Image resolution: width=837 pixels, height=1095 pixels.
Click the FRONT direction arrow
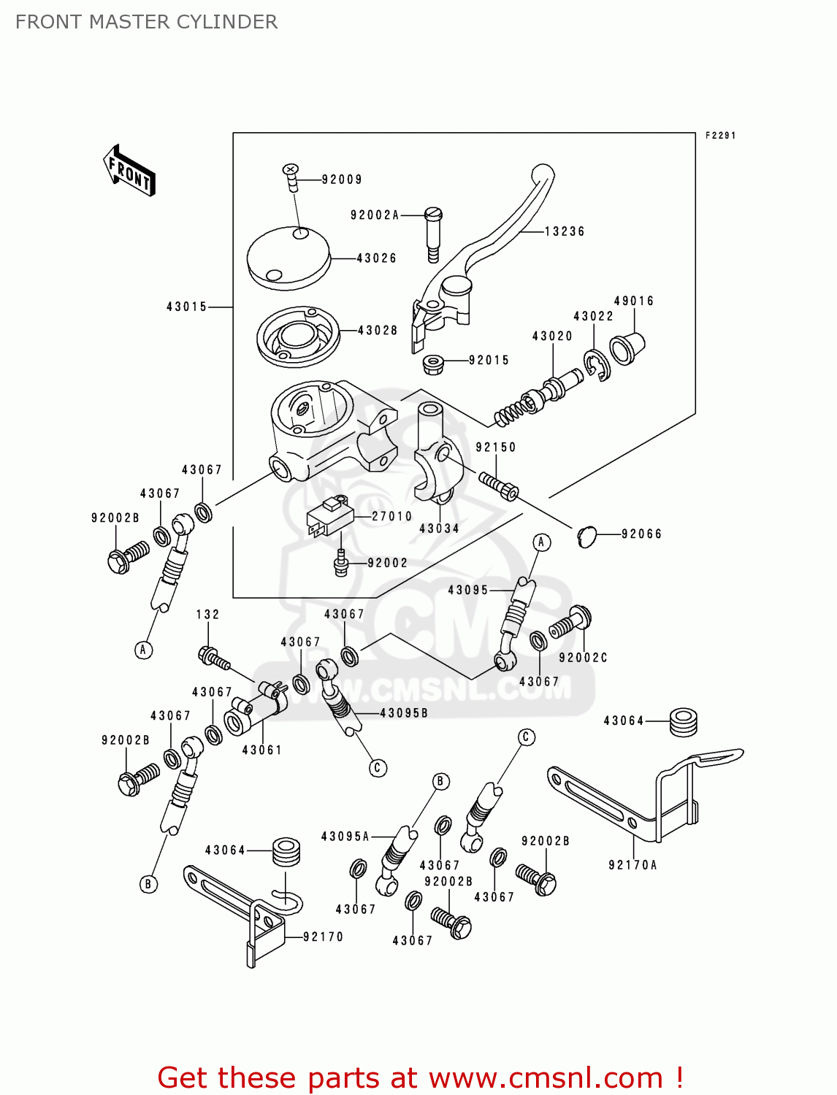[130, 171]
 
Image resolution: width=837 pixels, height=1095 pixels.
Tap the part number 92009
[342, 180]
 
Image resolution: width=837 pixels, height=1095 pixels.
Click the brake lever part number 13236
[565, 231]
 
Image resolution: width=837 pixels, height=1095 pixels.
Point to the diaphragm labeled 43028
[298, 337]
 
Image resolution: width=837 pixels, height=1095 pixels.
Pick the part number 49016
[633, 301]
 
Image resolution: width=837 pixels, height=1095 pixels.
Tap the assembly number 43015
[186, 307]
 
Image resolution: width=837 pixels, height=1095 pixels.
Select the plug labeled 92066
[587, 537]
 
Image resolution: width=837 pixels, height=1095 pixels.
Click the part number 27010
[392, 516]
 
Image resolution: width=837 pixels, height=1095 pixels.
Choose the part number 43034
[439, 529]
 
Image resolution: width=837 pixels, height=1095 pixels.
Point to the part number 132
[207, 615]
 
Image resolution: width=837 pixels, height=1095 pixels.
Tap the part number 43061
[262, 750]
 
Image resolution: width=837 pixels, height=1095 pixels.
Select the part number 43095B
[404, 712]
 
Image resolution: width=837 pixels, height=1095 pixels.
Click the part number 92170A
[632, 865]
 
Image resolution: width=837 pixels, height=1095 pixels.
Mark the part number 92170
[323, 937]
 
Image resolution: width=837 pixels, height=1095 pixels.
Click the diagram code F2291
[720, 136]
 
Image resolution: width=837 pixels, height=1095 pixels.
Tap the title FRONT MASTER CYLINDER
[146, 22]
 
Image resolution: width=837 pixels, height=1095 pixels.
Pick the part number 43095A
[345, 837]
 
